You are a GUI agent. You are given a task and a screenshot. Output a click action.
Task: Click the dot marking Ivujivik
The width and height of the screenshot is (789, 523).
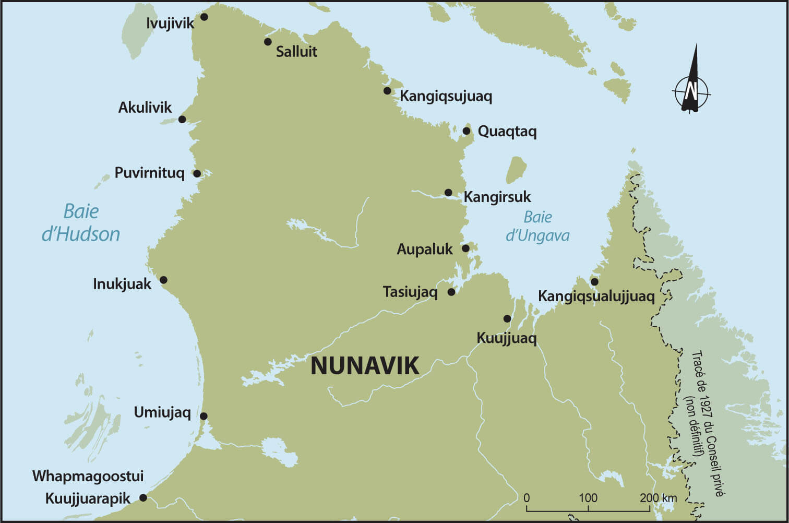[x=204, y=17]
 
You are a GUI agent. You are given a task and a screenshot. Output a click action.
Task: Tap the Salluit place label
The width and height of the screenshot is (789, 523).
[x=296, y=51]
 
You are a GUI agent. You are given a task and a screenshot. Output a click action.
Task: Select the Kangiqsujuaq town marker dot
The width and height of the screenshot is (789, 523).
[x=387, y=91]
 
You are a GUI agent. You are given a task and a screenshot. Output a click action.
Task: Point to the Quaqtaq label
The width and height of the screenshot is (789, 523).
[x=507, y=132]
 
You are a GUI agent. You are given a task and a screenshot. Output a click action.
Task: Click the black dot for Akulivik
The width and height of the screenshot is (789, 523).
[x=182, y=120]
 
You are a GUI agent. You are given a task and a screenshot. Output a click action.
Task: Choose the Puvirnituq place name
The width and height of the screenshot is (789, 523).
[x=149, y=173]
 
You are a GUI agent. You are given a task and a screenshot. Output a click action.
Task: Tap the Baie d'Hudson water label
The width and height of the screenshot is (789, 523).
[x=81, y=223]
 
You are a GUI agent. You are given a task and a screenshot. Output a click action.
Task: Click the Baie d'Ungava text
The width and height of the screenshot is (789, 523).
[x=537, y=227]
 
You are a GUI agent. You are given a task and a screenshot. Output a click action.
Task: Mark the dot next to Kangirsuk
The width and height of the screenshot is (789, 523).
[x=448, y=193]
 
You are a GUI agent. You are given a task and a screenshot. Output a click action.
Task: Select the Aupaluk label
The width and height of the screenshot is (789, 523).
[x=424, y=249]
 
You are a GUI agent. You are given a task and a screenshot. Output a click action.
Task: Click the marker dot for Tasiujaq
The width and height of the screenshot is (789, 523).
[x=451, y=292]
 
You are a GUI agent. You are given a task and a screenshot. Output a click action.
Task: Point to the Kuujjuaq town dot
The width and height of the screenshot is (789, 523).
[x=507, y=319]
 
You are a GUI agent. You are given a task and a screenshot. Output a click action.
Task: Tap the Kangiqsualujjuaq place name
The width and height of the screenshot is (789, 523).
[x=596, y=296]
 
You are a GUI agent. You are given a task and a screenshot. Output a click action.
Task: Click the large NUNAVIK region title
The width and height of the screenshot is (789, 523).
[x=364, y=366]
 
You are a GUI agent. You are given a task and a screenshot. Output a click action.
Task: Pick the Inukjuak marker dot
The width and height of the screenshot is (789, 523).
[x=163, y=280]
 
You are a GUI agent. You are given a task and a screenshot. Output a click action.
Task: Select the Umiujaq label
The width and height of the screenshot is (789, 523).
[x=162, y=412]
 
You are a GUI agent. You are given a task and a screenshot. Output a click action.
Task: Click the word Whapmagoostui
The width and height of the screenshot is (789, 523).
[x=88, y=476]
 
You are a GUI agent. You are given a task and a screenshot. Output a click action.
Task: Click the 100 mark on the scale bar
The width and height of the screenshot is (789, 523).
[x=588, y=498]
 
